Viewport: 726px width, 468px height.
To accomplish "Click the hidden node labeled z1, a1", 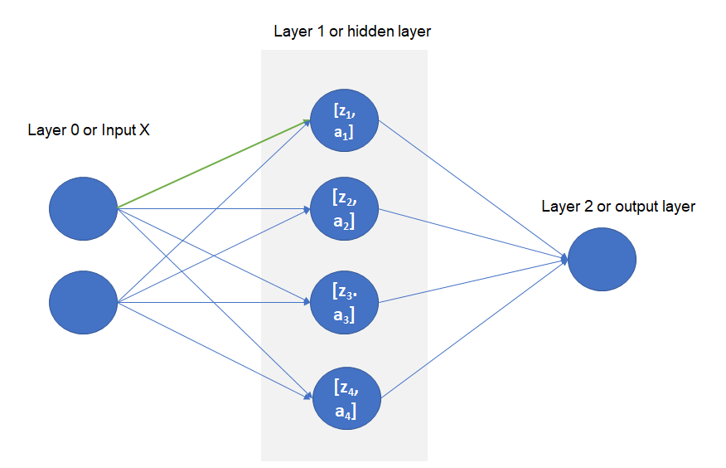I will tap(344, 121).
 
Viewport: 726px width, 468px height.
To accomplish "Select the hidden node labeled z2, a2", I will tap(344, 211).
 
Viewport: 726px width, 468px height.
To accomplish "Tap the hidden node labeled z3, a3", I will tap(344, 303).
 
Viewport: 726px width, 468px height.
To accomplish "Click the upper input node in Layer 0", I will tap(84, 207).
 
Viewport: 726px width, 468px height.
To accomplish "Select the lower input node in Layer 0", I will tap(84, 303).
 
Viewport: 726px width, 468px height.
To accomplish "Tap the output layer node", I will tap(602, 260).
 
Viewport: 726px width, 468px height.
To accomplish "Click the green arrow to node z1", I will tap(214, 164).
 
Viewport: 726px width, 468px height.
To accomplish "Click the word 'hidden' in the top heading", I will tap(365, 32).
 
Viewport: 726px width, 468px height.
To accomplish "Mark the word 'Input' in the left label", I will tap(118, 130).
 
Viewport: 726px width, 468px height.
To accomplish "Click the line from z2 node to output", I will tap(472, 234).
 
